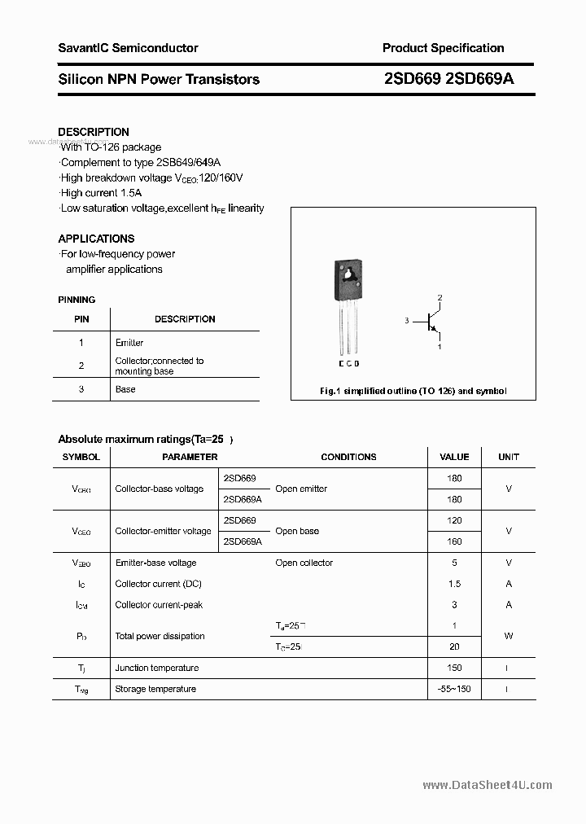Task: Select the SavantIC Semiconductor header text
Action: tap(128, 48)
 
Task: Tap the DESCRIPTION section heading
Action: tap(94, 132)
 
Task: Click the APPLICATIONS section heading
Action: tap(96, 239)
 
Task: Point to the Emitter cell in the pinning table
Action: tap(129, 343)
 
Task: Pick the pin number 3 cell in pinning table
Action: tap(81, 389)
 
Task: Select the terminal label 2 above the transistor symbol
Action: tap(439, 298)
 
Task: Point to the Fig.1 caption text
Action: tap(413, 391)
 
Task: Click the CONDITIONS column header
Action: tap(348, 457)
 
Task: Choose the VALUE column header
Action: tap(454, 457)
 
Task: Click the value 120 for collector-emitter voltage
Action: tap(454, 520)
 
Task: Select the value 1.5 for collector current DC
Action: tap(454, 584)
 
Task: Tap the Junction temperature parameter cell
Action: tap(157, 668)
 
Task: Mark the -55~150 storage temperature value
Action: tap(454, 689)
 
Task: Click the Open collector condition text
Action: tap(304, 563)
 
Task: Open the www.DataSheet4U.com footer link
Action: tap(488, 785)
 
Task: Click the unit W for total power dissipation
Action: tap(509, 636)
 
